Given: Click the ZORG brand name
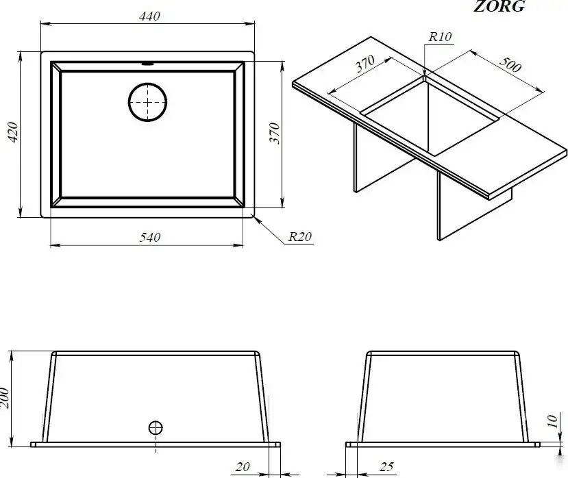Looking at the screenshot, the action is click(499, 6).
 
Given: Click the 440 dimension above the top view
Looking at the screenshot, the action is click(149, 16).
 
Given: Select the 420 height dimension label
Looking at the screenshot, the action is click(13, 132).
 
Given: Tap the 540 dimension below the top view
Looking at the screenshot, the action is click(149, 237).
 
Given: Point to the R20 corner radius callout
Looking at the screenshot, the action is click(300, 236).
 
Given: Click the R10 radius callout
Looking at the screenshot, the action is click(440, 36).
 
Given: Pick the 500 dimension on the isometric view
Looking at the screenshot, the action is click(510, 64).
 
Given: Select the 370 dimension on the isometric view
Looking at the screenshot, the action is click(365, 64).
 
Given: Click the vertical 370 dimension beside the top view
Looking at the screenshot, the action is click(275, 134).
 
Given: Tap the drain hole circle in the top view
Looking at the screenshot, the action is click(147, 84).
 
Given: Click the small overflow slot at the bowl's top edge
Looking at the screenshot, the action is click(147, 64).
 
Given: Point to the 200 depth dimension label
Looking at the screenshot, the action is click(4, 398).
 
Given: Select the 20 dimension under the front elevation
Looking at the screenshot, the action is click(243, 467).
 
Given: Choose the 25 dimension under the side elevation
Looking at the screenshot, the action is click(386, 467).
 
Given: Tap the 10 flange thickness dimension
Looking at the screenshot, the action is click(552, 421).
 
